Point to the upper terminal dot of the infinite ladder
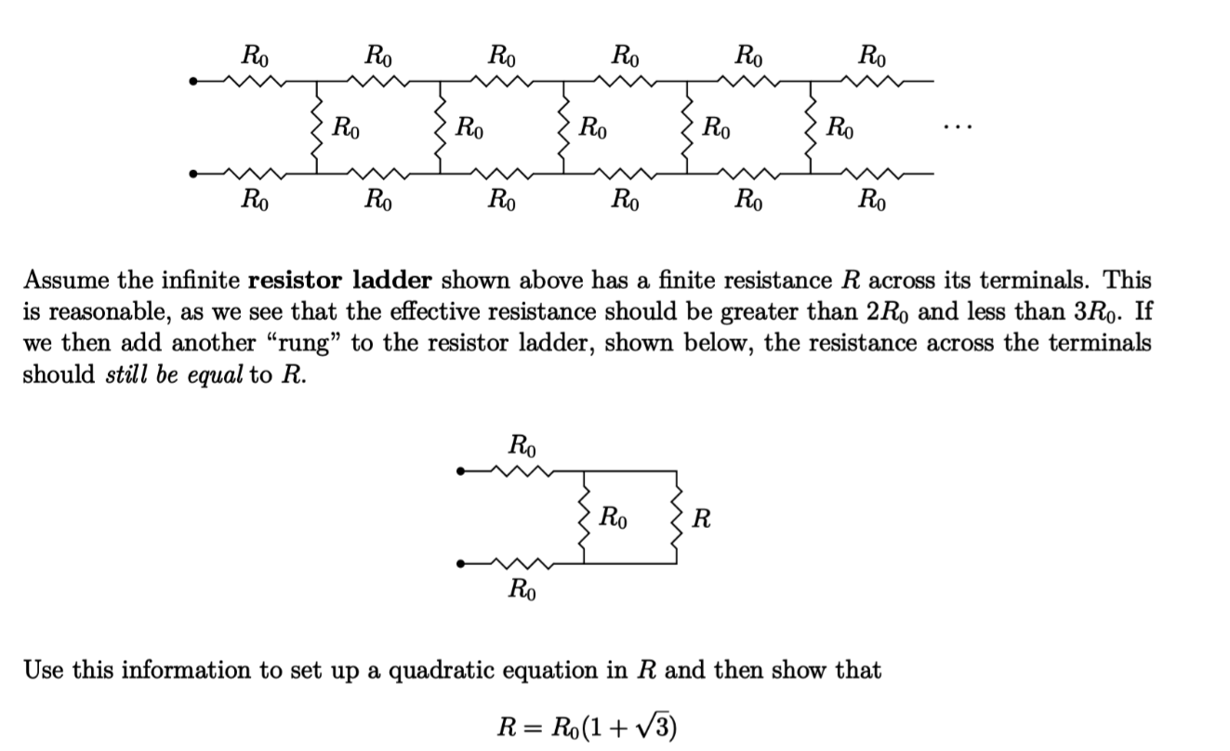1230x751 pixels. tap(193, 82)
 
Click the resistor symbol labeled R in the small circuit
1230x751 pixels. tap(676, 518)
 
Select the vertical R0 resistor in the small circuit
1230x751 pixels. tap(584, 518)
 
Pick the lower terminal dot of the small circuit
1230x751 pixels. tap(459, 563)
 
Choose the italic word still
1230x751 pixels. tap(125, 375)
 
